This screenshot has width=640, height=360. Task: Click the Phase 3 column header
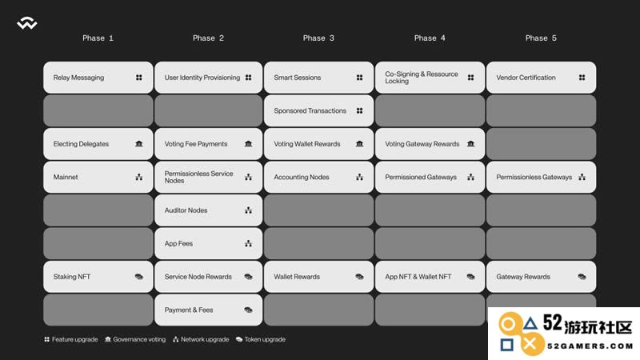[x=318, y=38]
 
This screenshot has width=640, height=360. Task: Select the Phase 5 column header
[x=541, y=38]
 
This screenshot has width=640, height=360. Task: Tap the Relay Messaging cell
[x=98, y=78]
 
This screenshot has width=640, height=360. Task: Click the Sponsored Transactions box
[x=318, y=110]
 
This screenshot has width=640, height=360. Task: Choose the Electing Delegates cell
[x=98, y=144]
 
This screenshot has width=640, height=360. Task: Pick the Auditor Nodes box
[x=208, y=210]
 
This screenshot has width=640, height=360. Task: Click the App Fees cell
[x=208, y=244]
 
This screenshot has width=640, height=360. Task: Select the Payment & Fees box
[x=208, y=310]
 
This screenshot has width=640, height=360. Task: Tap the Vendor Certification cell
[x=541, y=78]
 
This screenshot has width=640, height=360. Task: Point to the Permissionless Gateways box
[x=541, y=177]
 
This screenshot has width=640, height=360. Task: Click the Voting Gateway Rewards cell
[x=430, y=144]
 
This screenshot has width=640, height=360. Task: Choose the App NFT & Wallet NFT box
[x=430, y=277]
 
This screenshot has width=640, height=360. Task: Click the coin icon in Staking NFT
[x=138, y=277]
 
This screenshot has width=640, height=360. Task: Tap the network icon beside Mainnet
[x=138, y=177]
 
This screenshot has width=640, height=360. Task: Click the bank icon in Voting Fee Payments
[x=248, y=144]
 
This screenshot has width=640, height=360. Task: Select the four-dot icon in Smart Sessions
[x=359, y=78]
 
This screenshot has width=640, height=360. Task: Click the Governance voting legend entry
[x=135, y=339]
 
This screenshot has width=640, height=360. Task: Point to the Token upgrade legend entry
[x=261, y=339]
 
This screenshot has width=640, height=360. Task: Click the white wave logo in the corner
[x=27, y=23]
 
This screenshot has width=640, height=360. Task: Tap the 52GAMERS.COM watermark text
[x=590, y=346]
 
